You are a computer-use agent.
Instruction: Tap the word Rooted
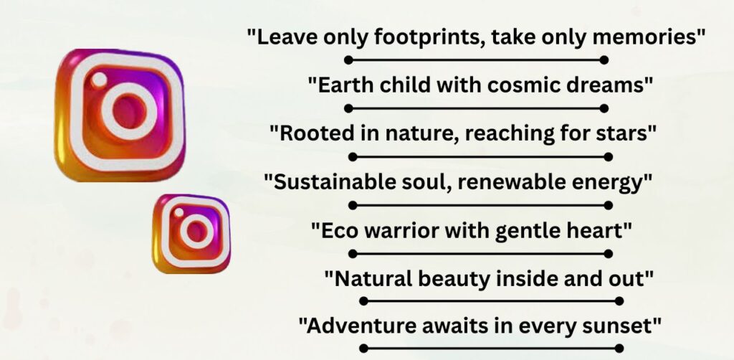tap(310, 133)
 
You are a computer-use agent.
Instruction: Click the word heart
tap(597, 230)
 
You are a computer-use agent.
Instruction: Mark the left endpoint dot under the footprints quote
tap(348, 60)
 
